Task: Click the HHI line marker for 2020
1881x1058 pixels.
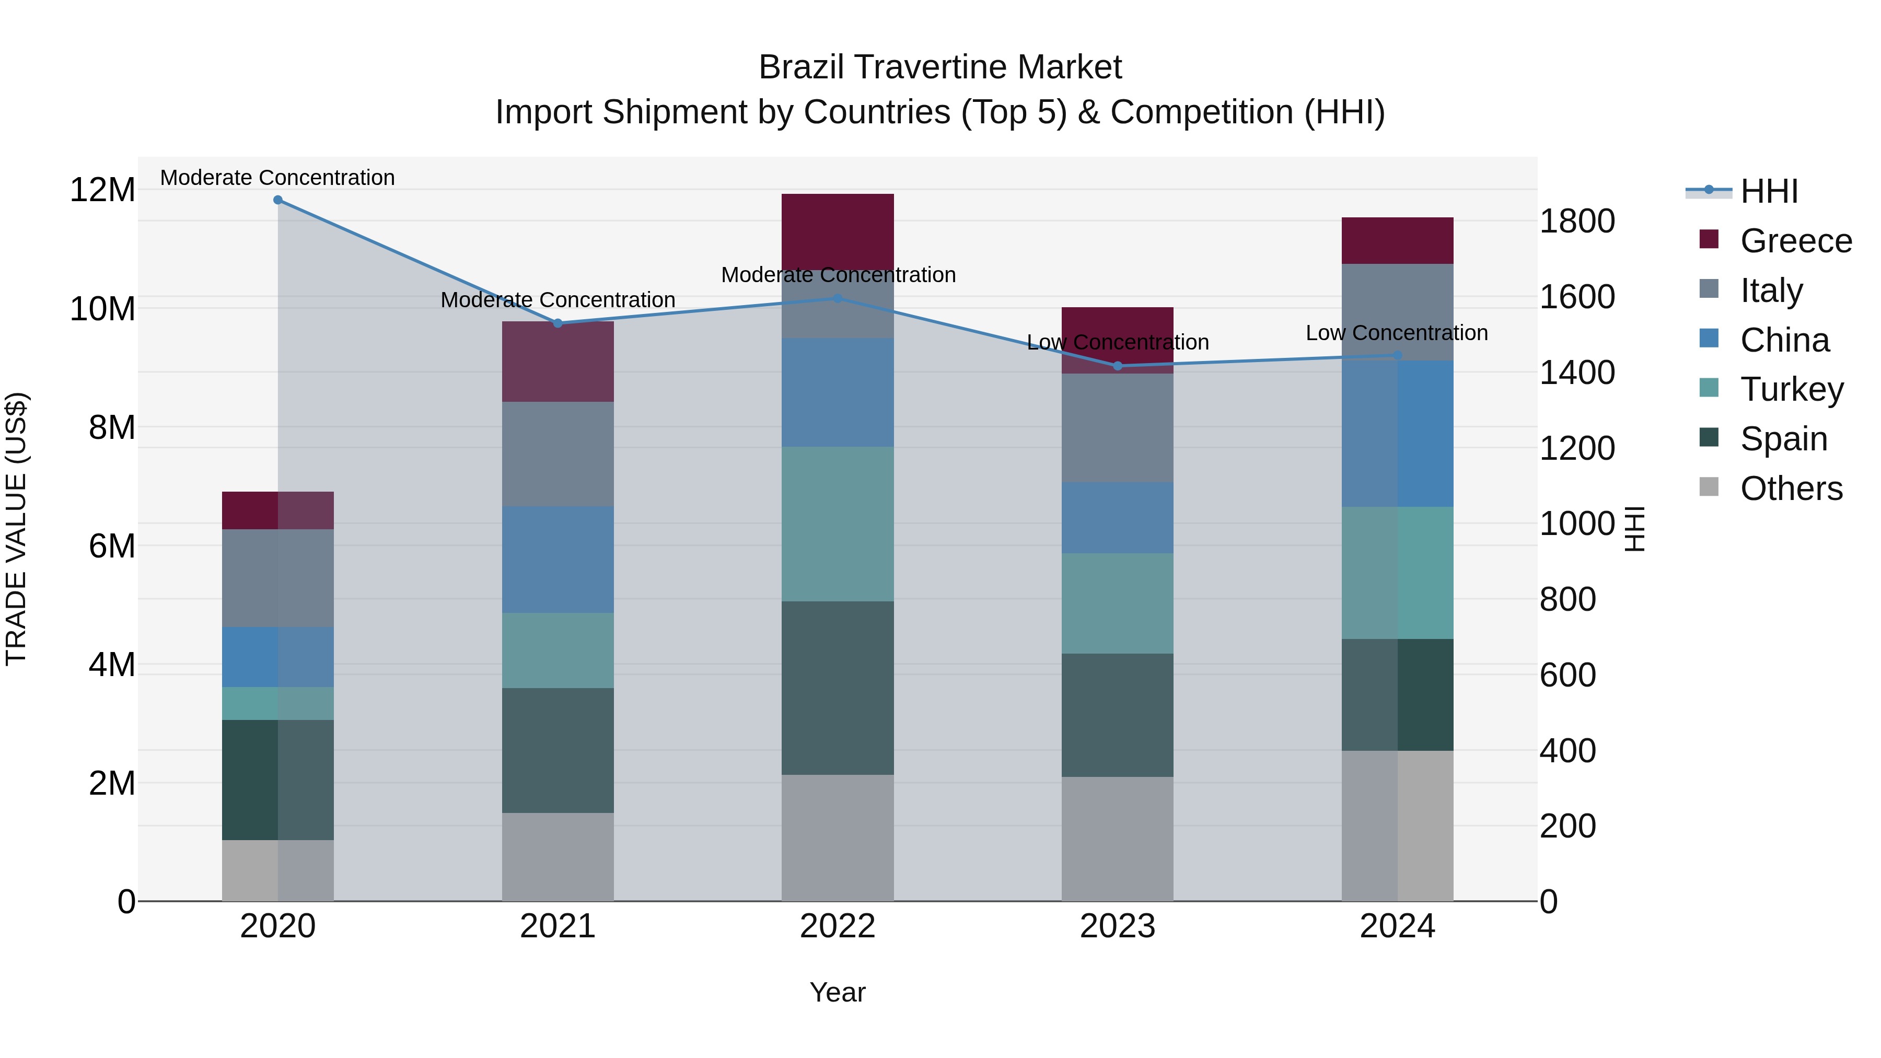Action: (277, 200)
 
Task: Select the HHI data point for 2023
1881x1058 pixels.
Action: (1117, 366)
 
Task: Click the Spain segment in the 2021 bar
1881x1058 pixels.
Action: (558, 750)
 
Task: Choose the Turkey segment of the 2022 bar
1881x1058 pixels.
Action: (838, 524)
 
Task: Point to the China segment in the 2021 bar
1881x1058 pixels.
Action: (558, 559)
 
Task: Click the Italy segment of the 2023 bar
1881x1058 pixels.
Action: (1117, 427)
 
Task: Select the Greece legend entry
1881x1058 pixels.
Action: (1795, 241)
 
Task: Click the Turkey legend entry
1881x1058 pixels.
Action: (1791, 389)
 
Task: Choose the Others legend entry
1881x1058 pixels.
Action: (1791, 489)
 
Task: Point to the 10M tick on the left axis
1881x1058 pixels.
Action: (102, 309)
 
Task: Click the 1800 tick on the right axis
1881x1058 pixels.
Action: (1577, 221)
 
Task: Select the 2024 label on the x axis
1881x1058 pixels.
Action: (1397, 926)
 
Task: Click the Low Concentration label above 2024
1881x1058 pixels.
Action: (1396, 333)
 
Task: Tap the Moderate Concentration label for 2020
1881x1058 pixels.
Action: (277, 178)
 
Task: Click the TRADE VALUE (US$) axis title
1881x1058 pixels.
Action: (16, 529)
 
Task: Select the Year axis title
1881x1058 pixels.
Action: (838, 992)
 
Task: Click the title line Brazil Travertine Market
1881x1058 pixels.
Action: (940, 67)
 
